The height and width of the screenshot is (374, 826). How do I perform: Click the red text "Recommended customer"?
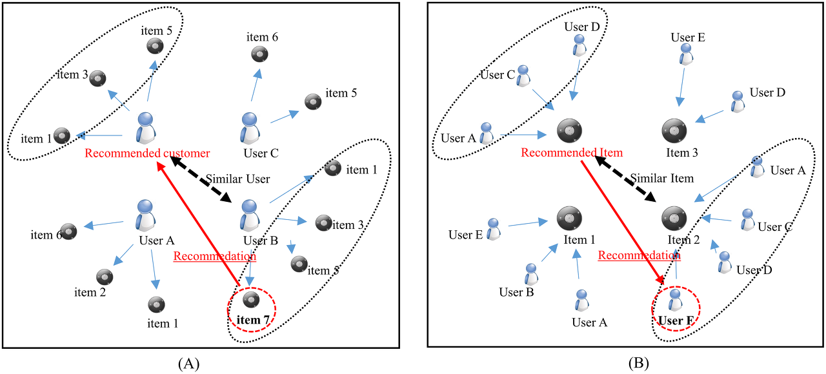147,153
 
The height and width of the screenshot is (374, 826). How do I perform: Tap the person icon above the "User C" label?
250,127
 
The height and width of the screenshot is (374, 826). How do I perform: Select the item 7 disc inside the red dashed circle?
251,299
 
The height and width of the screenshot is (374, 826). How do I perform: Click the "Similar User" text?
237,178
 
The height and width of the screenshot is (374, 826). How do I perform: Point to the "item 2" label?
90,292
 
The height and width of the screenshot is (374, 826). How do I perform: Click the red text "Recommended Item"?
572,153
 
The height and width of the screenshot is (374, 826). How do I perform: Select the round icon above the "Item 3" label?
674,131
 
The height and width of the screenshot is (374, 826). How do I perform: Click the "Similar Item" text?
662,178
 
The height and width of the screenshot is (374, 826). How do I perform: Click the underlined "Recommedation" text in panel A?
215,256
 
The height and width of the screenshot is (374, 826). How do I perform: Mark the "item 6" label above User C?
262,37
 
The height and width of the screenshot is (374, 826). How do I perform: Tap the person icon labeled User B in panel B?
532,273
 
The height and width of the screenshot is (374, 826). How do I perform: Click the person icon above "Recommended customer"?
146,127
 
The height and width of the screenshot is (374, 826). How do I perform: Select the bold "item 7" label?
252,318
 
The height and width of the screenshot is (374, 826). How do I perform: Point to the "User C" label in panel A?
261,153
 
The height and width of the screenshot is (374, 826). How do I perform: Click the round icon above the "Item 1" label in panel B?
570,219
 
